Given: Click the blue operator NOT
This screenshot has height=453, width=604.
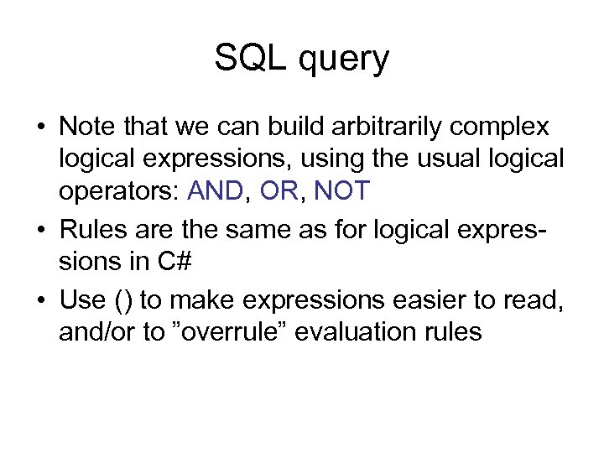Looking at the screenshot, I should (x=341, y=191).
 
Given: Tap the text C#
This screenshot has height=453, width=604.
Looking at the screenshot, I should (x=174, y=262).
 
